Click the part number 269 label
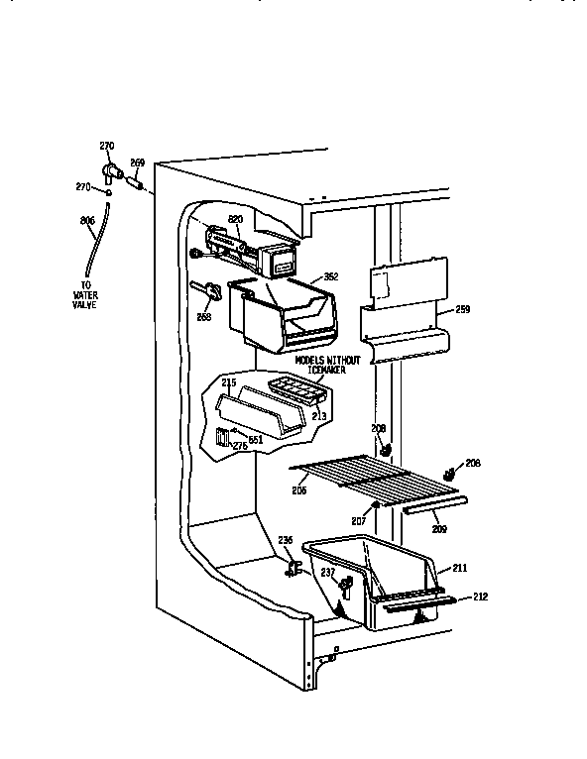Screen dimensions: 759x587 pyautogui.click(x=137, y=163)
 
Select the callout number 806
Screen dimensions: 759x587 pyautogui.click(x=86, y=220)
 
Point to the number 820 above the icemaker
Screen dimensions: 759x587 pyautogui.click(x=235, y=218)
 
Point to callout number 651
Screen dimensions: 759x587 pyautogui.click(x=254, y=439)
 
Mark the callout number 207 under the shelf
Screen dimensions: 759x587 pyautogui.click(x=359, y=520)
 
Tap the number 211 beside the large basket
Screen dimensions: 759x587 pyautogui.click(x=459, y=567)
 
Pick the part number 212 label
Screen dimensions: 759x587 pyautogui.click(x=480, y=596)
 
